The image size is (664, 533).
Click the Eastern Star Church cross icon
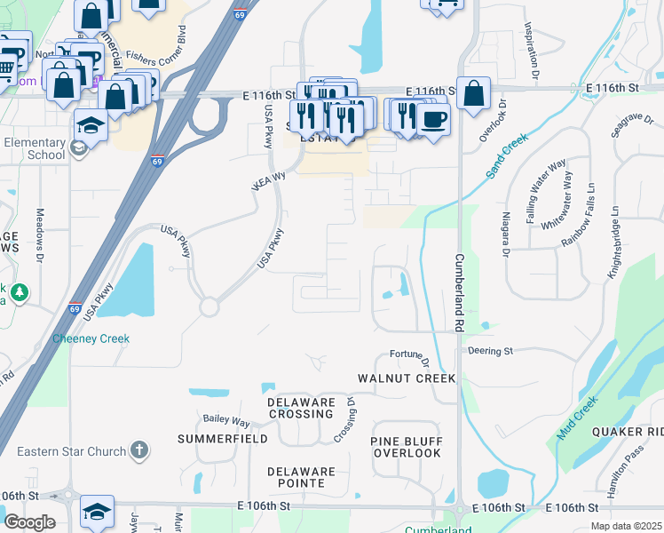click(x=139, y=450)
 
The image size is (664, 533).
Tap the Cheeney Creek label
click(x=91, y=338)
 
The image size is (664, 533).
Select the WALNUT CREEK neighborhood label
click(x=407, y=378)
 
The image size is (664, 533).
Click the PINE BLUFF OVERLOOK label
click(x=407, y=447)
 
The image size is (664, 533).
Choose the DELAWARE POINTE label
click(x=302, y=477)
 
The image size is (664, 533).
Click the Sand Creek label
click(x=507, y=156)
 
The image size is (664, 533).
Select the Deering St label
click(x=490, y=352)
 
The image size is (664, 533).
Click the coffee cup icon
click(x=433, y=119)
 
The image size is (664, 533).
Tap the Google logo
click(x=30, y=522)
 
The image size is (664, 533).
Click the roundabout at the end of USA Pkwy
click(x=209, y=307)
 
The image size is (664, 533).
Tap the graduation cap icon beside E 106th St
click(x=97, y=511)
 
